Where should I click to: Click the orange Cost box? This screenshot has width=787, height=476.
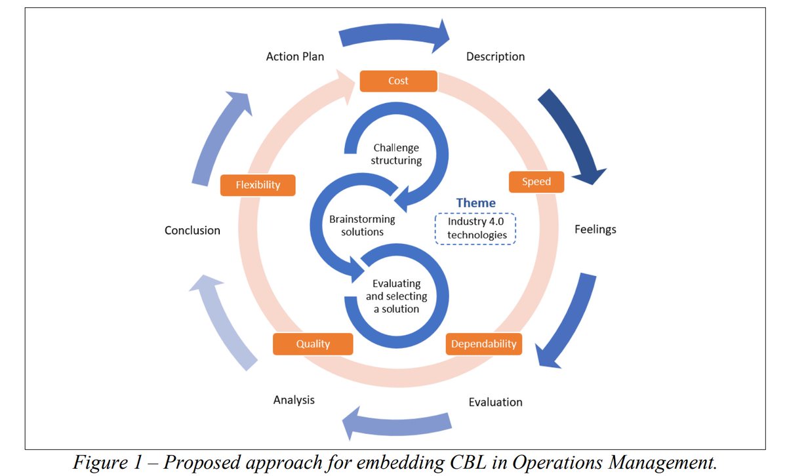pos(398,81)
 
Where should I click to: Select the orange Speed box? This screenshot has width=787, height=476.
pos(536,182)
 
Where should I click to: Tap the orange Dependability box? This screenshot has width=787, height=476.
pos(483,344)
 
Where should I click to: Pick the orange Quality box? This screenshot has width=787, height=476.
pos(313,344)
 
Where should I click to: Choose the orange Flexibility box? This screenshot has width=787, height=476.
pos(258,185)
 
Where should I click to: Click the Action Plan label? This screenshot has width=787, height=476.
pos(294,56)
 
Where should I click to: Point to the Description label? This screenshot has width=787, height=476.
pos(495,56)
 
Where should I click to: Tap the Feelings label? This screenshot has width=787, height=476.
pos(595,229)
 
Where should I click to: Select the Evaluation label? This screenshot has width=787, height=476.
pos(495,402)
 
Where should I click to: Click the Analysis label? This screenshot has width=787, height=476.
pos(294,399)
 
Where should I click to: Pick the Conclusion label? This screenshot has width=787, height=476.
pos(192,230)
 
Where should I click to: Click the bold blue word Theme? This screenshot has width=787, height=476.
pos(476,203)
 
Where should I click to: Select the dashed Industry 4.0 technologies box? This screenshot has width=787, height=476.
pos(477,229)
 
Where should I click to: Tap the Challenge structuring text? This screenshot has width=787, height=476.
pos(396,154)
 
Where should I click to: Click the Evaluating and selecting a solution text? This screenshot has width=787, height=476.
pos(396,296)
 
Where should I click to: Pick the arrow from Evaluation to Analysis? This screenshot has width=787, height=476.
pos(396,426)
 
